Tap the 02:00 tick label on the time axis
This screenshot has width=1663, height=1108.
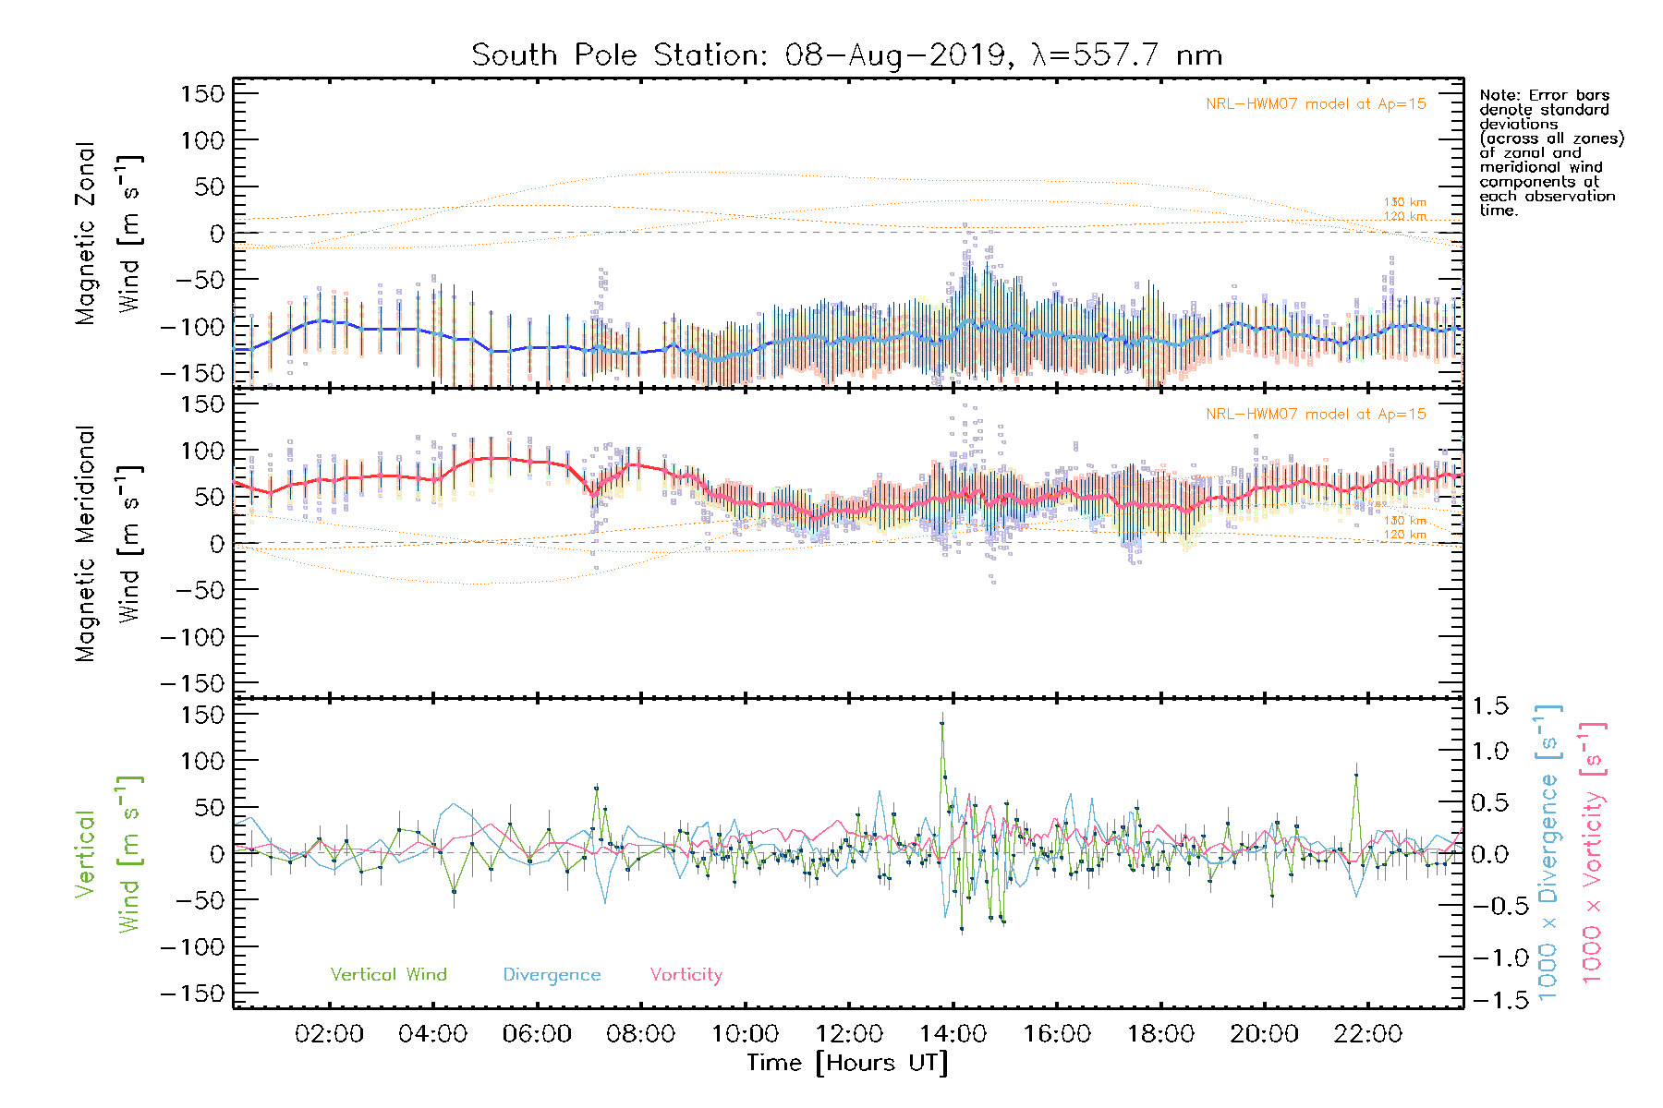pyautogui.click(x=329, y=1034)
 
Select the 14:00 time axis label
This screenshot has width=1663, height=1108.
pyautogui.click(x=953, y=1034)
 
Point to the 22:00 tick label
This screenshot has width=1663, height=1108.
pyautogui.click(x=1368, y=1034)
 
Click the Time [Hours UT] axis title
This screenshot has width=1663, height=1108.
pyautogui.click(x=847, y=1064)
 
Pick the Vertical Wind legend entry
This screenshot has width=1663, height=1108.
pyautogui.click(x=388, y=975)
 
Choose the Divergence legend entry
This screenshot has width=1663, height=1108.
pyautogui.click(x=552, y=975)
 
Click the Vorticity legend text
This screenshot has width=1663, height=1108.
pyautogui.click(x=686, y=975)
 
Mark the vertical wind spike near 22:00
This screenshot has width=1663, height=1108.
pyautogui.click(x=1355, y=776)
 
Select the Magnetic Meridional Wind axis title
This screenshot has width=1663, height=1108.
pyautogui.click(x=108, y=544)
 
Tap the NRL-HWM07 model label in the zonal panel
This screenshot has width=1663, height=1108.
pyautogui.click(x=1316, y=104)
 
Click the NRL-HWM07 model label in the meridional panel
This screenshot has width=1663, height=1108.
pyautogui.click(x=1316, y=415)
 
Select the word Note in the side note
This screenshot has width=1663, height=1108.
pyautogui.click(x=1498, y=95)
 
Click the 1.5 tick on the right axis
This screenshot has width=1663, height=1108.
pyautogui.click(x=1489, y=706)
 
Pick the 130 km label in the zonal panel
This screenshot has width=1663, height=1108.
pyautogui.click(x=1404, y=202)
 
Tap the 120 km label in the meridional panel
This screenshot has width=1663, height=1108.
pyautogui.click(x=1404, y=535)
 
